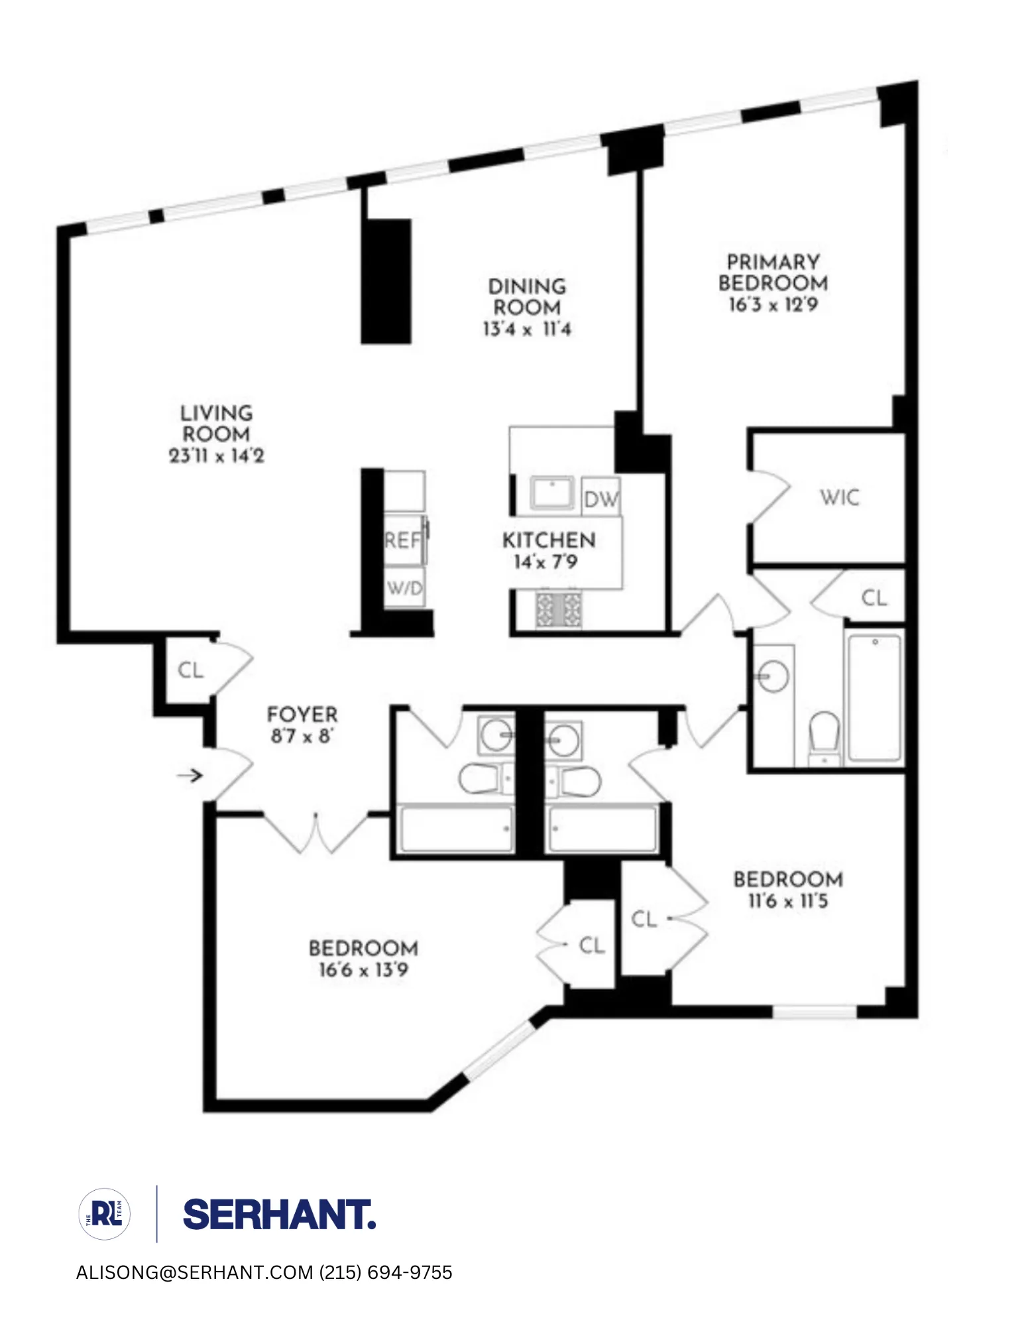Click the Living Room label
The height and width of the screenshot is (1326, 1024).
click(216, 424)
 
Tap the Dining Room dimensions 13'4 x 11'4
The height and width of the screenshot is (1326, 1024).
click(527, 329)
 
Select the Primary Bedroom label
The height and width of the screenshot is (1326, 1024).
click(773, 272)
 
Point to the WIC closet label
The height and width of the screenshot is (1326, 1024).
click(839, 497)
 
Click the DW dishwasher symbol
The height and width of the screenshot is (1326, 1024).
click(601, 499)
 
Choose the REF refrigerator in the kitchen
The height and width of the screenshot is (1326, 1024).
click(403, 540)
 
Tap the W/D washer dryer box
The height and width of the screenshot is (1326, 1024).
click(404, 588)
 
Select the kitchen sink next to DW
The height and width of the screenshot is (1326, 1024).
click(551, 493)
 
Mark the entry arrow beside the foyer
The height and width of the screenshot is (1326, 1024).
click(190, 774)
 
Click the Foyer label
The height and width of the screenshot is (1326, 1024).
click(302, 715)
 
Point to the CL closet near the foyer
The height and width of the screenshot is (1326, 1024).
click(190, 670)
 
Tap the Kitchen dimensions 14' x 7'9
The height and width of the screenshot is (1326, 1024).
click(545, 562)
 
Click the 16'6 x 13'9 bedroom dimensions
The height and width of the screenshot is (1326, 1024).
click(363, 970)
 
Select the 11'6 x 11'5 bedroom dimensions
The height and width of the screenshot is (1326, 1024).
click(788, 901)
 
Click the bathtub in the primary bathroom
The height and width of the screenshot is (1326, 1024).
click(875, 696)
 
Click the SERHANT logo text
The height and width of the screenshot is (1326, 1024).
click(279, 1214)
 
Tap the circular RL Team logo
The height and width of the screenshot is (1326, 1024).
click(105, 1214)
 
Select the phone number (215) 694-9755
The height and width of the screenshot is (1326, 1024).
click(386, 1272)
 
